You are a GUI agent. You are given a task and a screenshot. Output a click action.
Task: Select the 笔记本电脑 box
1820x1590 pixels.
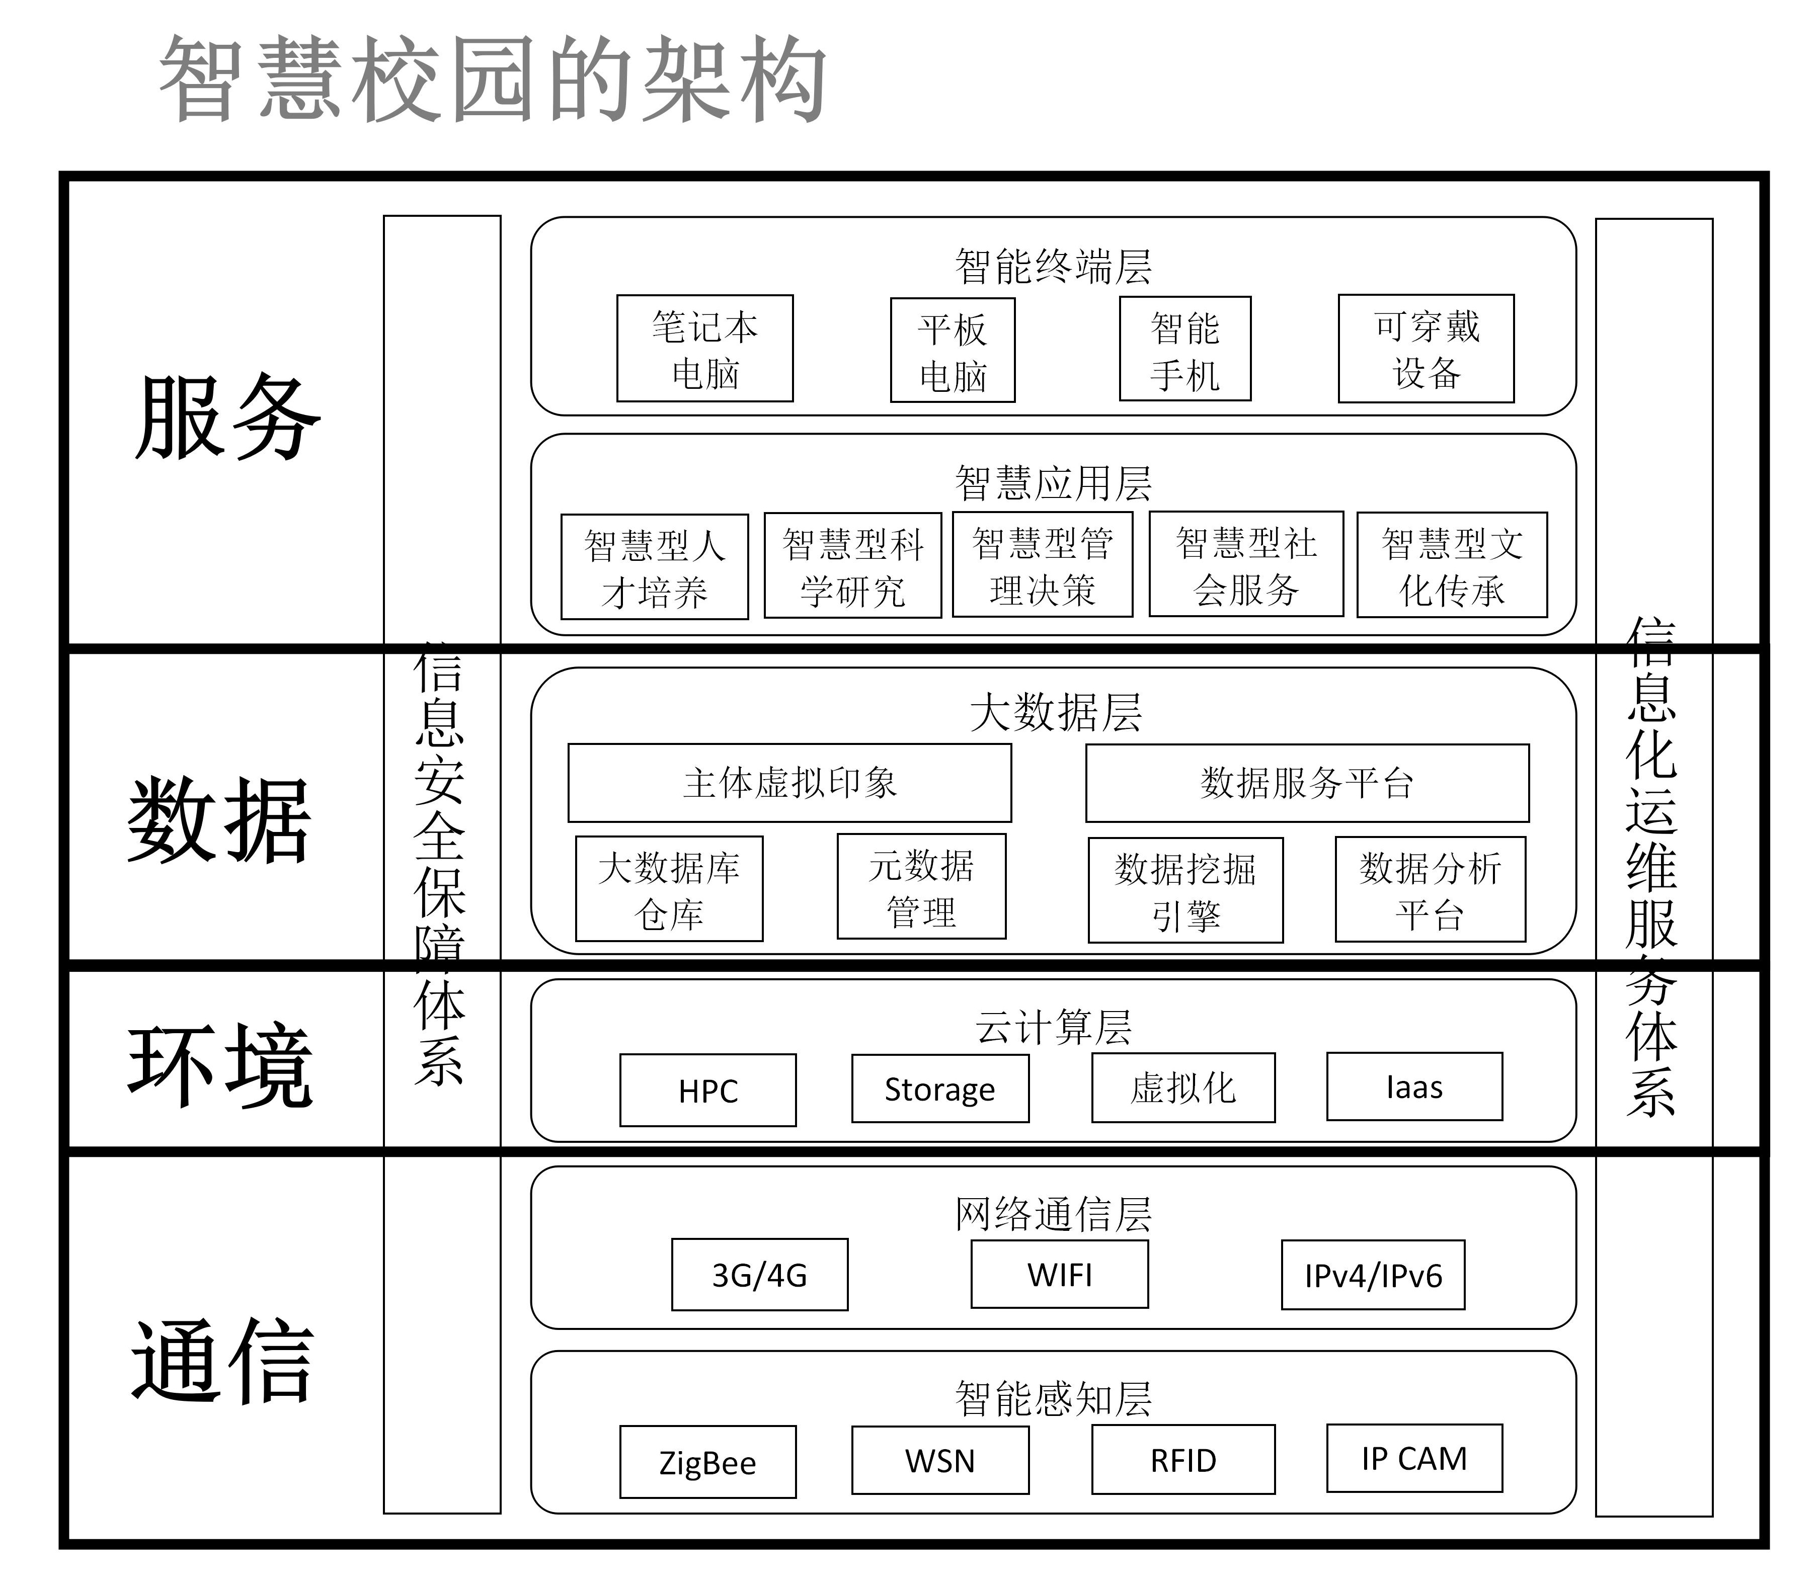click(704, 349)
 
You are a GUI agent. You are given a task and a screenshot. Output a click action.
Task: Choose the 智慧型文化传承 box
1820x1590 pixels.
click(1452, 565)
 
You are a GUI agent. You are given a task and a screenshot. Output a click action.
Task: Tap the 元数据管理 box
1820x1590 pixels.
click(921, 886)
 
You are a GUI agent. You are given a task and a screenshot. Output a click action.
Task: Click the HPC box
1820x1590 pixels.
click(707, 1091)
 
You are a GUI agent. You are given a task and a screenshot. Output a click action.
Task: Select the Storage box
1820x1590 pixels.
click(940, 1089)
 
